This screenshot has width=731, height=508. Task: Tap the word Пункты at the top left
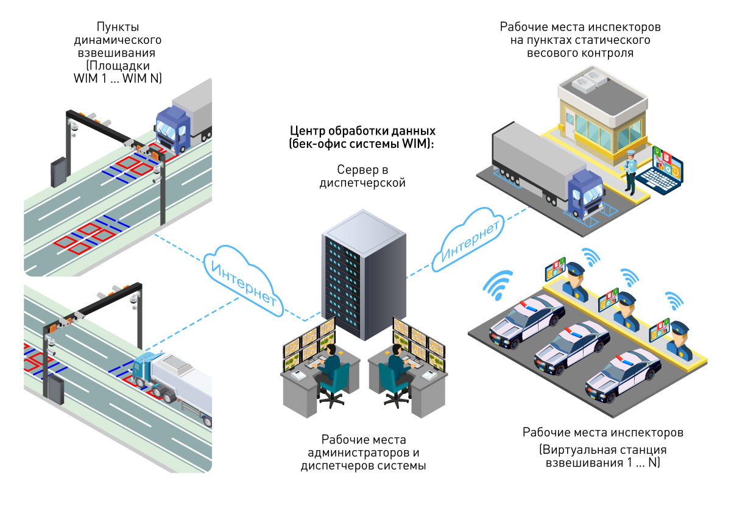click(x=117, y=27)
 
